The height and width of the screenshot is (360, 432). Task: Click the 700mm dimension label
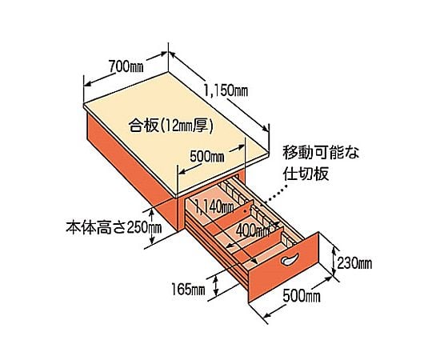tap(126, 66)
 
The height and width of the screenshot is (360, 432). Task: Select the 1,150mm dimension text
tap(226, 90)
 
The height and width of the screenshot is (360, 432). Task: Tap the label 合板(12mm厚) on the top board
tap(171, 126)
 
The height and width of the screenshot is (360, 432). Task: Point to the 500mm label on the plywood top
tap(206, 157)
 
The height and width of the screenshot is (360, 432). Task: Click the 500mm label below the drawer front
tap(302, 296)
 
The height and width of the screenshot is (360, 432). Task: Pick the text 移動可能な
tap(321, 153)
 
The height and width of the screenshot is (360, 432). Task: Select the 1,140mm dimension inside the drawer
tap(214, 206)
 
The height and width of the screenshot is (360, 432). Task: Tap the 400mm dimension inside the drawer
tap(253, 230)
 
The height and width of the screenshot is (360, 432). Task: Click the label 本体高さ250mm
tap(114, 228)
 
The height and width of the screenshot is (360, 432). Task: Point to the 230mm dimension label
tap(354, 262)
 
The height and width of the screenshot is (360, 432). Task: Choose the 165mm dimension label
tap(188, 290)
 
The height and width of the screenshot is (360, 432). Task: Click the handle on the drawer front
tap(290, 259)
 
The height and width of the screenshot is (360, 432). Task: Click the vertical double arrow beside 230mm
tap(334, 261)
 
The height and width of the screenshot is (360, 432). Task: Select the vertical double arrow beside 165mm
tap(216, 286)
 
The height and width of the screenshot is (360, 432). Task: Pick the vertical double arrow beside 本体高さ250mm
tap(151, 226)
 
